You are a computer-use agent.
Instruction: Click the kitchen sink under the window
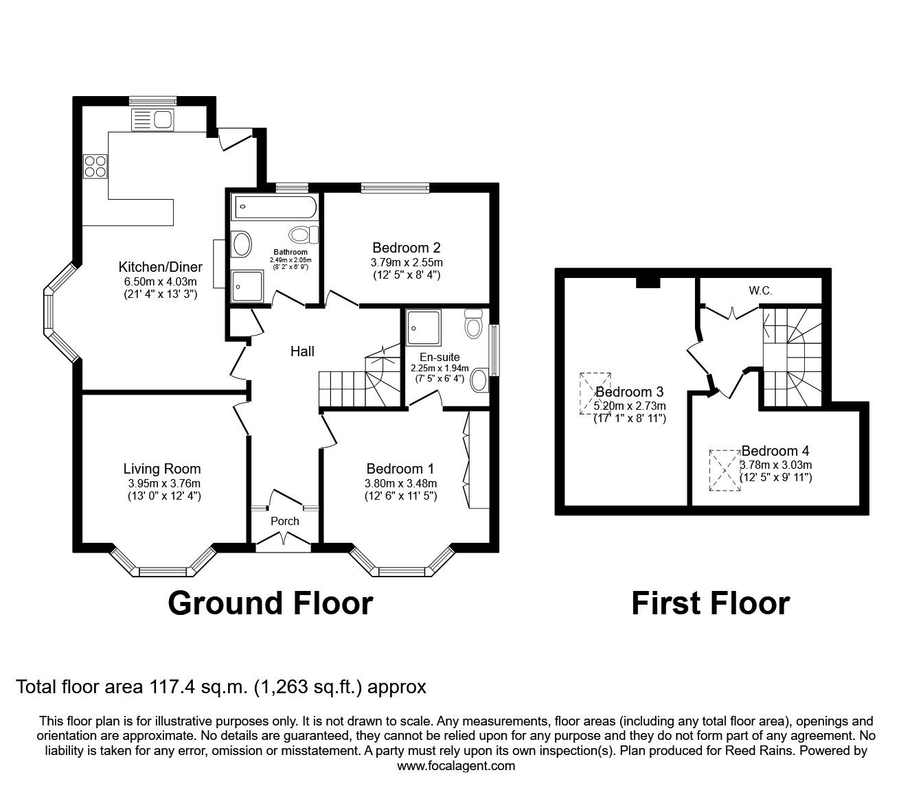[152, 119]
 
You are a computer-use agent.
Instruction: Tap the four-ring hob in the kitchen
[95, 166]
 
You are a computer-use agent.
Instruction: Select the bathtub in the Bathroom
[276, 207]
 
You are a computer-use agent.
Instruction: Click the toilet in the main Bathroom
[304, 234]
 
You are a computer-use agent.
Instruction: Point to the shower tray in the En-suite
[424, 327]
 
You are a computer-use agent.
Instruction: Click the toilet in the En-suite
[474, 323]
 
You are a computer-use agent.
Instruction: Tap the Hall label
[302, 351]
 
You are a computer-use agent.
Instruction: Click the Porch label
[284, 521]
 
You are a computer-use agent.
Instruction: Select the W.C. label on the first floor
[760, 291]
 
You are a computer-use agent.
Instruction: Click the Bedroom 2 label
[407, 248]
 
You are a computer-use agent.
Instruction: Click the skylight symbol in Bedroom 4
[725, 470]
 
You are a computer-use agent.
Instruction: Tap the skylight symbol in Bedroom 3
[595, 393]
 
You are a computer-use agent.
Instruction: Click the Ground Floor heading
[271, 603]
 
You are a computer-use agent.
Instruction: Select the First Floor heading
[710, 603]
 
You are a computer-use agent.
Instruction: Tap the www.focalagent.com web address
[456, 766]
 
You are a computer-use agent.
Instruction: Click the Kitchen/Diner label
[161, 267]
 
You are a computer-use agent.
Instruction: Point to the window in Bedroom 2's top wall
[395, 188]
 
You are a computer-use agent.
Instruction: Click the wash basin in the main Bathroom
[242, 244]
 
